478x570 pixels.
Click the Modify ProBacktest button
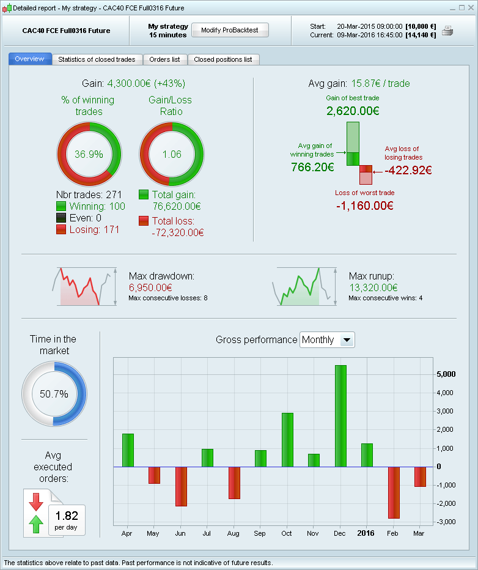coord(230,31)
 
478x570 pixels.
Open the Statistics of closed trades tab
coord(97,59)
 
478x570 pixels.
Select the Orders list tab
coord(164,59)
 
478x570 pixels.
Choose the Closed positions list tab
coord(223,59)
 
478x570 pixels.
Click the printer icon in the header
coord(447,31)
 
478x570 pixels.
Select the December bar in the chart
coord(340,416)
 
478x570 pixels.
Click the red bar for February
coord(394,492)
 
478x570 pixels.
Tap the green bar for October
coord(287,440)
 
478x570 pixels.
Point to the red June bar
coord(182,486)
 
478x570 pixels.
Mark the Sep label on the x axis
coord(260,533)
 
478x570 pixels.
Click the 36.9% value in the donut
coord(89,154)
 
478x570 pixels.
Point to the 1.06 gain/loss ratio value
coord(172,154)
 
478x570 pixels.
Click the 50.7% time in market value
coord(54,394)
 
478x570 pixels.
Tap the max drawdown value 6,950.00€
coord(150,287)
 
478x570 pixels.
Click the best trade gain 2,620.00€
coord(353,111)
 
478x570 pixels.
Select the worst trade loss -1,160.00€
coord(364,205)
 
